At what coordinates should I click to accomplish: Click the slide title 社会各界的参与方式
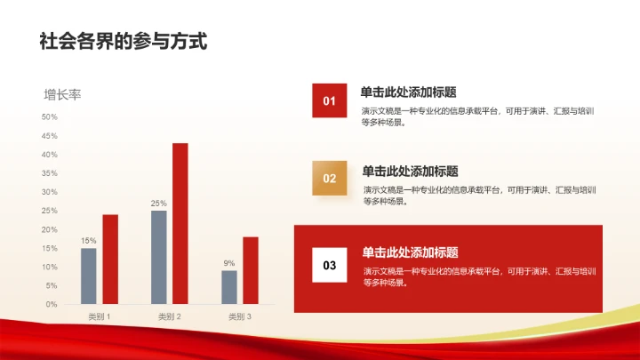point(123,41)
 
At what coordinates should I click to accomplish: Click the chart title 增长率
point(62,94)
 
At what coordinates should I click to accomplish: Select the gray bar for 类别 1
point(88,276)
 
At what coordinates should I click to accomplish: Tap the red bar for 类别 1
point(110,259)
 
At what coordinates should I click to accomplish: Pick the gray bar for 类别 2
point(159,257)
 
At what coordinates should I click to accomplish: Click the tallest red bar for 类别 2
point(180,223)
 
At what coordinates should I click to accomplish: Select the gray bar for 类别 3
point(229,287)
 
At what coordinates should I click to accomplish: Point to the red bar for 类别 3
point(251,270)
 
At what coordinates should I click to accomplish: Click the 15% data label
point(88,241)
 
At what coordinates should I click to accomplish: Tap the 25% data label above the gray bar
point(158,204)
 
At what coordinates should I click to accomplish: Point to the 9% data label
point(228,263)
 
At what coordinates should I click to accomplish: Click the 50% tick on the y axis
point(49,116)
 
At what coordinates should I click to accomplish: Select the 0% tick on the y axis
point(51,304)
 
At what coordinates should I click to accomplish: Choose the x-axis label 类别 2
point(170,316)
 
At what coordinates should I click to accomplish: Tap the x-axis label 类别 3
point(240,316)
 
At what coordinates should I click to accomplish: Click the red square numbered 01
point(329,100)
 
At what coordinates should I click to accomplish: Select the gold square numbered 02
point(330,178)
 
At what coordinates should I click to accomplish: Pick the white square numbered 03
point(330,265)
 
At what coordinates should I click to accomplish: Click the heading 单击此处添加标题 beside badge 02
point(411,171)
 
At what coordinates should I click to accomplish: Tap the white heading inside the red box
point(411,252)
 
